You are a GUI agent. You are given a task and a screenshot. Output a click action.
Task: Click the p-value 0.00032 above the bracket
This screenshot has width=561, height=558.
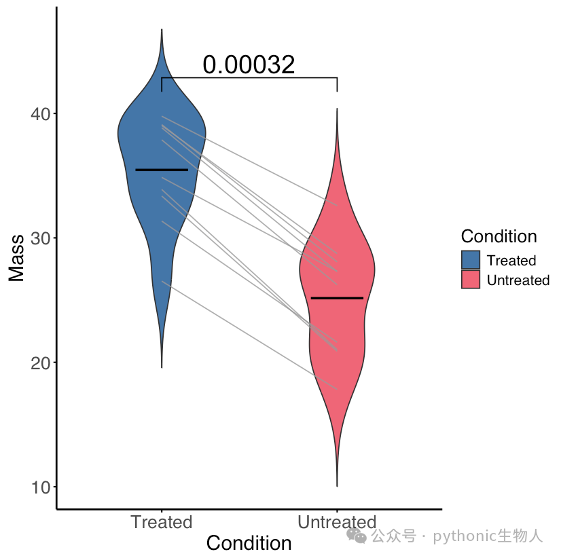(249, 64)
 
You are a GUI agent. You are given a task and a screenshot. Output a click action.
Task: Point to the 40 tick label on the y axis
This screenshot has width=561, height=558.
(41, 114)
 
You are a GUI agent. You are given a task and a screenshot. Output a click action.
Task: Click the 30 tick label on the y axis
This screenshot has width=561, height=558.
(41, 238)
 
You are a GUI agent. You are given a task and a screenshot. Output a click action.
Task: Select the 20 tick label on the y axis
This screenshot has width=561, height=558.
(41, 363)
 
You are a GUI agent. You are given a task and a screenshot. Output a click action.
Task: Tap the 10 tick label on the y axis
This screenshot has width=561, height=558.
(41, 487)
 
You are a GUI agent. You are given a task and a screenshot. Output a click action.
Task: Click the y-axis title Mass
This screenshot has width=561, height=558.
(16, 258)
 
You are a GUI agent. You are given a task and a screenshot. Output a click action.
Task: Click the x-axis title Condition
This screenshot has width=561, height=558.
(249, 543)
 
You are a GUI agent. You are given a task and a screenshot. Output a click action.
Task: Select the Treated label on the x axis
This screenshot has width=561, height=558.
(162, 522)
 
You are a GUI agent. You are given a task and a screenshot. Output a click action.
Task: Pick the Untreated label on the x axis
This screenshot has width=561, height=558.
(337, 522)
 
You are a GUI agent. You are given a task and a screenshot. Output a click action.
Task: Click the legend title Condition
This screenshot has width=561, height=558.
(499, 236)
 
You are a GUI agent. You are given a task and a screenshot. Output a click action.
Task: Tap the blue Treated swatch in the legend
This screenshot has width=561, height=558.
(471, 260)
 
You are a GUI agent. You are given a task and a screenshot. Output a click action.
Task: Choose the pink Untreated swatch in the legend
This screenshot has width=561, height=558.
(471, 280)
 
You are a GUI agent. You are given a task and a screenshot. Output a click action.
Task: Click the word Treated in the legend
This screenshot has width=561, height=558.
(511, 261)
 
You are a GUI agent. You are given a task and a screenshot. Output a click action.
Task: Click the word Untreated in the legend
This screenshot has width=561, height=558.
(518, 280)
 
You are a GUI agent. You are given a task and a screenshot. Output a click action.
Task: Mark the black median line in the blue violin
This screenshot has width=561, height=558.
(162, 170)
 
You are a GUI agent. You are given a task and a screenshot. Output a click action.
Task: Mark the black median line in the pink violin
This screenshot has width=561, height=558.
(337, 298)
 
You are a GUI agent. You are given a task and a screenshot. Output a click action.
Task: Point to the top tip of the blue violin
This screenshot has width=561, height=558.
(162, 29)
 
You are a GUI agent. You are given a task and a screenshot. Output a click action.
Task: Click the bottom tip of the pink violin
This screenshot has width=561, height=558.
(337, 486)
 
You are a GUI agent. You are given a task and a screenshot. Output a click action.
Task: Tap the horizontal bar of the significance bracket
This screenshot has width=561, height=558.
(249, 77)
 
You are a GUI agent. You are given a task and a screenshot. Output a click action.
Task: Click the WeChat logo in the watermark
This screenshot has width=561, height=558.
(357, 536)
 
